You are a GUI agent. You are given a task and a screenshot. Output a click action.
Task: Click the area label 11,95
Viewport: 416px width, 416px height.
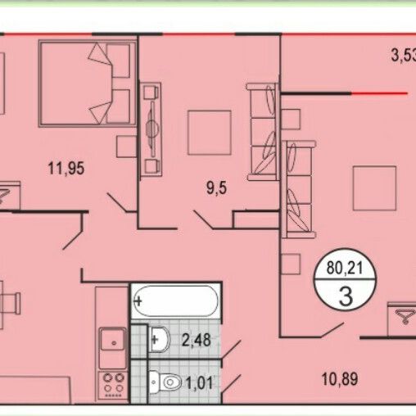pyautogui.click(x=66, y=168)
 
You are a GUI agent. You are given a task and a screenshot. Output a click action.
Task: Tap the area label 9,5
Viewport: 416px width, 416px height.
pyautogui.click(x=216, y=188)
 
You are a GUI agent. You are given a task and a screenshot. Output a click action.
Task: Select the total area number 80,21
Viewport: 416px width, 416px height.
pyautogui.click(x=346, y=269)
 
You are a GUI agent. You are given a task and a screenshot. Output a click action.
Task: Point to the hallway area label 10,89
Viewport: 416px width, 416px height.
pyautogui.click(x=340, y=379)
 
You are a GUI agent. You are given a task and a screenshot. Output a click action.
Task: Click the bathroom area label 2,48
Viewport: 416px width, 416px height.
pyautogui.click(x=197, y=340)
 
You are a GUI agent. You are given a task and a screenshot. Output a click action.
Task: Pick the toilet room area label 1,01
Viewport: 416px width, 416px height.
pyautogui.click(x=199, y=382)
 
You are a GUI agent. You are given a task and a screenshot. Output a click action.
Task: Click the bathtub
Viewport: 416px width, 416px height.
pyautogui.click(x=176, y=301)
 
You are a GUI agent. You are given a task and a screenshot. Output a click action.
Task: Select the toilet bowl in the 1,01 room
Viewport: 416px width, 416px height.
pyautogui.click(x=165, y=382)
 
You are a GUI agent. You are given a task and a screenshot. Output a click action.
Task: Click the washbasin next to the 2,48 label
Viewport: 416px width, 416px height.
pyautogui.click(x=160, y=340)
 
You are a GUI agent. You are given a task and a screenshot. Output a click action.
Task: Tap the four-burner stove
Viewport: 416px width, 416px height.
pyautogui.click(x=112, y=385)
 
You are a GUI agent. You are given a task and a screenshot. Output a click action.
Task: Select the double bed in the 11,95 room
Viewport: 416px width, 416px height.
pyautogui.click(x=88, y=84)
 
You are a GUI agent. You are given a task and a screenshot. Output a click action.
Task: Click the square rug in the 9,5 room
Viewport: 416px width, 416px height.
pyautogui.click(x=210, y=132)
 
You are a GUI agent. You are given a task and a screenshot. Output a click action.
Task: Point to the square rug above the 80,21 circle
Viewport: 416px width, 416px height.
pyautogui.click(x=374, y=188)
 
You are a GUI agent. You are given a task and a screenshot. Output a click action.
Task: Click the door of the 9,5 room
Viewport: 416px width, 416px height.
pyautogui.click(x=204, y=219)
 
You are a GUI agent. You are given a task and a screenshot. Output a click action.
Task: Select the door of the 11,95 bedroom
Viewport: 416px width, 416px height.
pyautogui.click(x=117, y=202)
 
